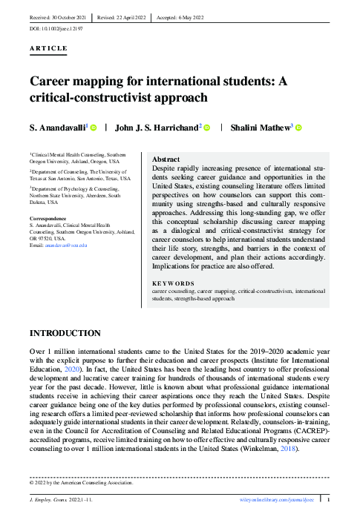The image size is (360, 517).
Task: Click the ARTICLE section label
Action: [x=48, y=48]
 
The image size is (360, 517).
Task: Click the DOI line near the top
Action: [x=56, y=27]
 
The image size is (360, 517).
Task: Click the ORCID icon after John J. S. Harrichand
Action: [x=207, y=128]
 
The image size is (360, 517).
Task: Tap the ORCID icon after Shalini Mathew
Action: [x=298, y=128]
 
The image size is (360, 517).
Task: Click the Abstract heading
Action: [x=166, y=159]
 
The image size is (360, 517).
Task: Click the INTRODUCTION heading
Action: [x=65, y=334]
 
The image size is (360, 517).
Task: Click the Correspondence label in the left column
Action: [x=48, y=218]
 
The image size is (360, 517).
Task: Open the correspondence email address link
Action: [x=66, y=244]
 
